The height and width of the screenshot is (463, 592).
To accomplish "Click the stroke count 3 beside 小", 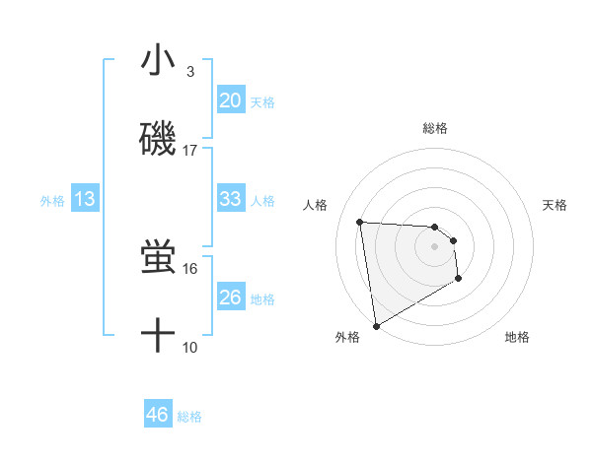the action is [x=190, y=72].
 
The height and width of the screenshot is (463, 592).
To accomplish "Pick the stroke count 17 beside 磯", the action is [x=190, y=151].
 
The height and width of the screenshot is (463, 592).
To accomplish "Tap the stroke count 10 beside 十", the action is [x=190, y=348].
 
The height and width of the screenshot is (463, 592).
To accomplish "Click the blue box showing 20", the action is [x=230, y=100].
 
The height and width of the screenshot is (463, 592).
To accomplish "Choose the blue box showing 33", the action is [x=230, y=199].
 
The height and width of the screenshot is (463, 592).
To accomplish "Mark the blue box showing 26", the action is [x=230, y=298].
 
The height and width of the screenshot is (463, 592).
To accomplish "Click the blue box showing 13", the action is [x=85, y=199].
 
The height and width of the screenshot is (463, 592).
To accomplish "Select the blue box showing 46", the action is [x=157, y=415].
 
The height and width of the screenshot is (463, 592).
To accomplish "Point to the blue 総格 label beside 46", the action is [x=189, y=417].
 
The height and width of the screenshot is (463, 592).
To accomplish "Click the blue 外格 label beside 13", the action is [x=52, y=201].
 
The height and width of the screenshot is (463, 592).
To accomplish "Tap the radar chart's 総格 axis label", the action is [x=434, y=128].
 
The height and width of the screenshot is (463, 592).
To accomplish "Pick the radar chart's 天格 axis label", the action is [x=555, y=205].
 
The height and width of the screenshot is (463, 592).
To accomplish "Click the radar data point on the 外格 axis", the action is [x=375, y=325].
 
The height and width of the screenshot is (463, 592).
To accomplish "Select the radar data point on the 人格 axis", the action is [x=360, y=222].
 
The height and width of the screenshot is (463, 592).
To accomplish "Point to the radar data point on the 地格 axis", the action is [x=458, y=279].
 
